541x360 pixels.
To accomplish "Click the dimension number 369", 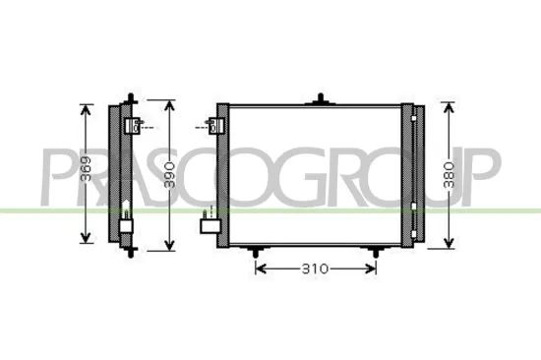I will [87, 174].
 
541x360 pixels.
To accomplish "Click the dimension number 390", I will [170, 174].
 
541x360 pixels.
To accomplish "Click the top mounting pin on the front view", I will [321, 98].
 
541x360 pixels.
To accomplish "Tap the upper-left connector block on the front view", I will [216, 125].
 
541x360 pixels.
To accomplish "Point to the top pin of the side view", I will [130, 96].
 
